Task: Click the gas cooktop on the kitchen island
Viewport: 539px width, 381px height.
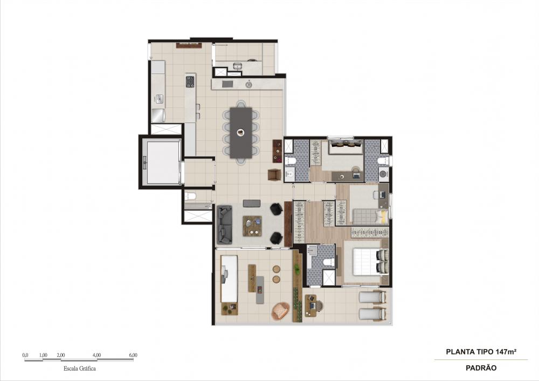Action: tap(190, 81)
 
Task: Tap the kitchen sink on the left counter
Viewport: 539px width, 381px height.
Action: tap(159, 99)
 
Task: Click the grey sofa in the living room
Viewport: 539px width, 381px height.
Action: tap(225, 224)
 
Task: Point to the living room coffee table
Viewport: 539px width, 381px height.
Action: tap(252, 226)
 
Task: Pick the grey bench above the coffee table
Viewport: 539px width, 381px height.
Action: tap(252, 203)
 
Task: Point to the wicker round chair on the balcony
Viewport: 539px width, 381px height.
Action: tap(281, 311)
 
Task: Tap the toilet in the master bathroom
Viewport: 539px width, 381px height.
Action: tap(328, 263)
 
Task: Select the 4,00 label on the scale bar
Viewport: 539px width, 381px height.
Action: tap(97, 355)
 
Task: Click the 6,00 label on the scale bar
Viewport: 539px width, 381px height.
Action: tap(133, 355)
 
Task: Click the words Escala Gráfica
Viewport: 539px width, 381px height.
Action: tap(80, 368)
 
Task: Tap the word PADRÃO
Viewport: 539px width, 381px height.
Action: tap(481, 368)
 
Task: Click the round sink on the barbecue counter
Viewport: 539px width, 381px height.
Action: tap(248, 84)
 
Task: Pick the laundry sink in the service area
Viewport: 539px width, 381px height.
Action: tap(238, 65)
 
